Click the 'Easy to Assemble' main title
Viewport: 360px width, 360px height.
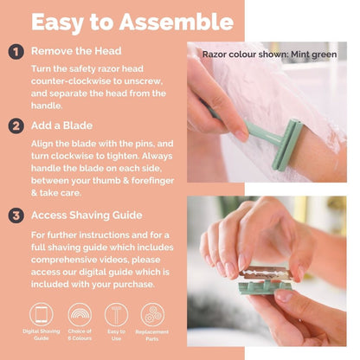[132, 22]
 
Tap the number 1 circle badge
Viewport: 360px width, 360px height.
[16, 52]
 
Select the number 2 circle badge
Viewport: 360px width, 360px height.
[16, 126]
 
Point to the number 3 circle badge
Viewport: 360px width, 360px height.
[16, 215]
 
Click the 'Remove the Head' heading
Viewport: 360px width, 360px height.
[76, 51]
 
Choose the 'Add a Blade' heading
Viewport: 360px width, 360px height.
[61, 125]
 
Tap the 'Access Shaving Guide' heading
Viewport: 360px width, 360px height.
[87, 215]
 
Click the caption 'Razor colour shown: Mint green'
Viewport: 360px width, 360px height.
[269, 55]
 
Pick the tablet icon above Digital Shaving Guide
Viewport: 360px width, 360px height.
[42, 314]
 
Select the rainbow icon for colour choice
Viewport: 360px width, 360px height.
[80, 314]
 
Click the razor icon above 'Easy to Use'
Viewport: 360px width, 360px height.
[116, 314]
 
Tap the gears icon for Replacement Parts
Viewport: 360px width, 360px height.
[152, 314]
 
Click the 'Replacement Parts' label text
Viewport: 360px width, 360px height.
[152, 336]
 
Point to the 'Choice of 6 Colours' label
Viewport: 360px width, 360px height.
[80, 335]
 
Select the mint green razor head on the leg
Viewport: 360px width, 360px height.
[287, 145]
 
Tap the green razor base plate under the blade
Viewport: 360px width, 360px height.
[265, 286]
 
